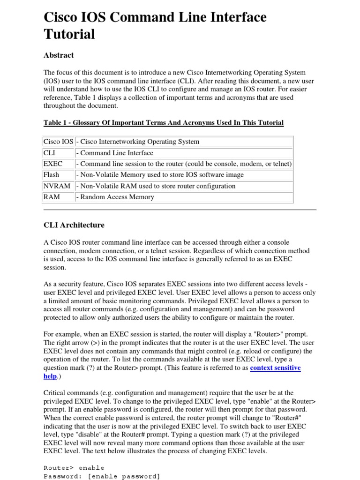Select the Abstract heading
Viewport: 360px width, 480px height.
click(59, 55)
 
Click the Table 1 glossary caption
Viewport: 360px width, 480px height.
click(163, 123)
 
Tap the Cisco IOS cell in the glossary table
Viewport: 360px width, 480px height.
click(58, 142)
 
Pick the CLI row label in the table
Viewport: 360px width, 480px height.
click(49, 153)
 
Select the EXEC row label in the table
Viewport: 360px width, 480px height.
click(52, 164)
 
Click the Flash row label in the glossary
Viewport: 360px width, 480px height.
click(52, 175)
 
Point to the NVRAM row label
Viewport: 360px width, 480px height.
click(57, 186)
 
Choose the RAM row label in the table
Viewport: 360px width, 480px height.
click(52, 197)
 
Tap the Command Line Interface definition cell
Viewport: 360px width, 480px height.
click(115, 153)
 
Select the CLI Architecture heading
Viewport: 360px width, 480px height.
click(74, 225)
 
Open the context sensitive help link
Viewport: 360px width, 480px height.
click(275, 368)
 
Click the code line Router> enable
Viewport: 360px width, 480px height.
click(74, 468)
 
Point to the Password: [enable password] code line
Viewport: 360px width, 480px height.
click(102, 476)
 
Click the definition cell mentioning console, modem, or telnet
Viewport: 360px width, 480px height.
click(184, 164)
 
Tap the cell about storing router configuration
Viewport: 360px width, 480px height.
click(156, 186)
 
